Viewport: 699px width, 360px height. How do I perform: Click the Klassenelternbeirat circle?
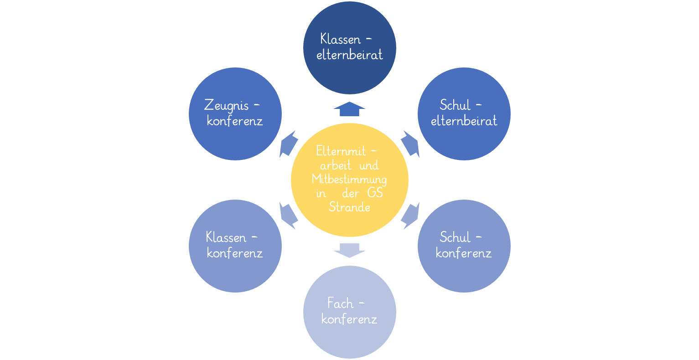[350, 47]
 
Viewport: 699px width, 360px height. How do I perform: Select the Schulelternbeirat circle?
[464, 113]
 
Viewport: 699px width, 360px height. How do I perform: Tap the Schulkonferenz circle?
[464, 246]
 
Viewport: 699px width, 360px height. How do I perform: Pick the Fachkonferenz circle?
[350, 312]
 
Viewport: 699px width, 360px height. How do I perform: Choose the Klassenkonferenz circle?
[235, 246]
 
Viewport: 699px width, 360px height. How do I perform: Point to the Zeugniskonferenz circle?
[235, 113]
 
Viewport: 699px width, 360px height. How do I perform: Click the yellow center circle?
[350, 180]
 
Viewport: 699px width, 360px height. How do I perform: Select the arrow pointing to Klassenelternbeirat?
[350, 109]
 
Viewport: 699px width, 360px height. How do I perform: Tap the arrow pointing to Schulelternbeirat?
[410, 144]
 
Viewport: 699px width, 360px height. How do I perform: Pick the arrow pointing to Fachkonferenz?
[350, 250]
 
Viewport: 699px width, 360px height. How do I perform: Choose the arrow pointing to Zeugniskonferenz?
[289, 144]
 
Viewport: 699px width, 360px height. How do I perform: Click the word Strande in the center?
[350, 207]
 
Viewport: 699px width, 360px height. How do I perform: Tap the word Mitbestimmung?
[350, 179]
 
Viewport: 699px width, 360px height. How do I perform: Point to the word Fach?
[341, 303]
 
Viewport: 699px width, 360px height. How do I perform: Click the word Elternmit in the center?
[342, 151]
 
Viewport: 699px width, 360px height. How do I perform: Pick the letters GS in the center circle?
[375, 193]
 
